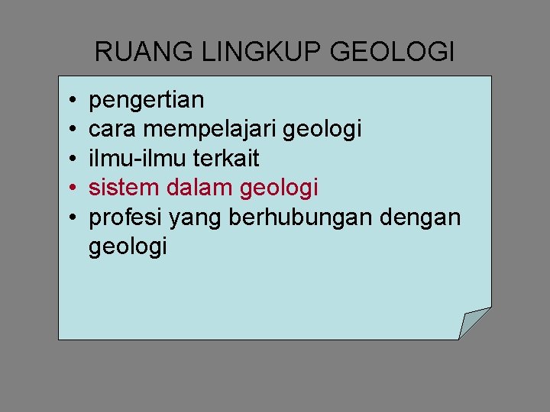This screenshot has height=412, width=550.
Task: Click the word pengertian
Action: pyautogui.click(x=147, y=100)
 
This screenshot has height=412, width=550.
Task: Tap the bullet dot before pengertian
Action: pyautogui.click(x=70, y=100)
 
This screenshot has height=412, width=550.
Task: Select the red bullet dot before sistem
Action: pyautogui.click(x=70, y=188)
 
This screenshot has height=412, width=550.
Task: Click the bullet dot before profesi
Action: pyautogui.click(x=70, y=217)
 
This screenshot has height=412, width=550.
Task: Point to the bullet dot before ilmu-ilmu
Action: pyautogui.click(x=70, y=159)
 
